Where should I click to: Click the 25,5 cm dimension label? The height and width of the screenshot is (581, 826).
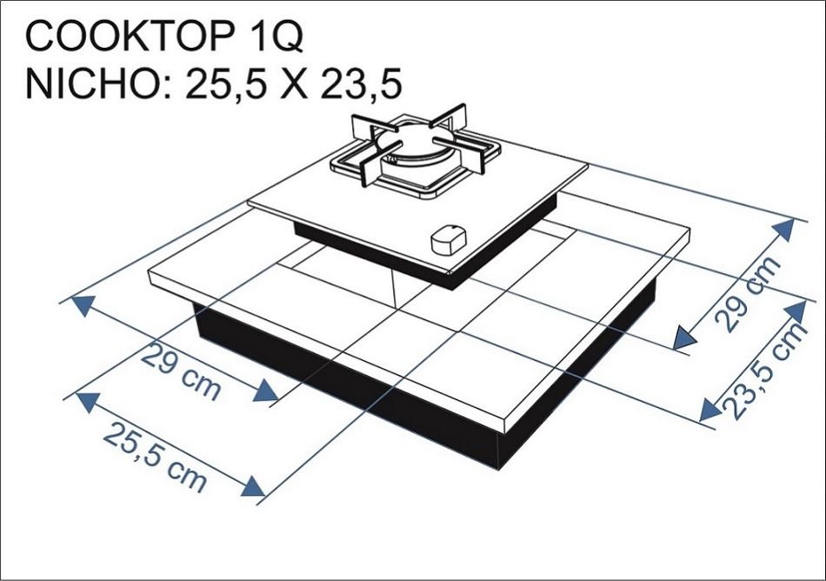tap(157, 453)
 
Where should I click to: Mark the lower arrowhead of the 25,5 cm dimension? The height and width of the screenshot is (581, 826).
tap(253, 486)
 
